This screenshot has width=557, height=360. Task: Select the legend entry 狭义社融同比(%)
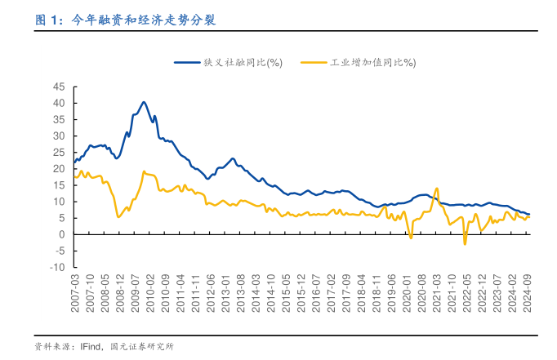[x=243, y=62]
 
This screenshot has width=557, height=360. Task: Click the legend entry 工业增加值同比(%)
[x=372, y=62]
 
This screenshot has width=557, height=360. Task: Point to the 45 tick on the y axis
[x=59, y=87]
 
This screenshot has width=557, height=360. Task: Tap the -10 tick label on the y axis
[x=57, y=267]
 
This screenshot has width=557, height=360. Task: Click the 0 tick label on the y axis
[x=61, y=234]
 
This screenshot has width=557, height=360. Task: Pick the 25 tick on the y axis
[x=59, y=152]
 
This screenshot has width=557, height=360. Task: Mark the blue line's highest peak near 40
[x=144, y=102]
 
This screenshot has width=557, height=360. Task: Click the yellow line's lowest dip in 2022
[x=465, y=243]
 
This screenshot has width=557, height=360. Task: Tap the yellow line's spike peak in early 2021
[x=438, y=189]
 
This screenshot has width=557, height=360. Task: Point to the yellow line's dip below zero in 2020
[x=411, y=238]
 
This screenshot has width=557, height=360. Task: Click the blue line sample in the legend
[x=186, y=62]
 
